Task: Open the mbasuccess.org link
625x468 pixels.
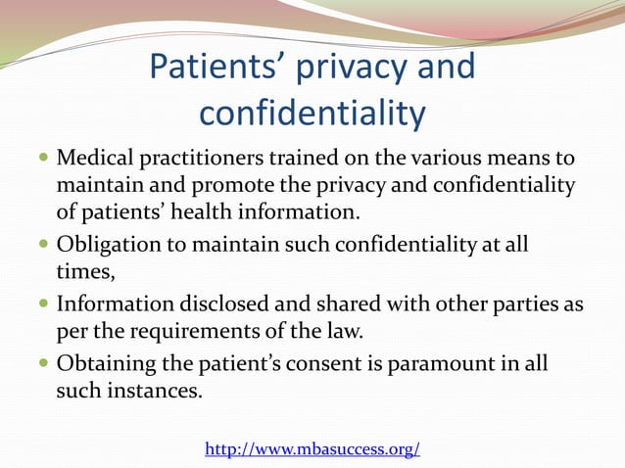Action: coord(312,449)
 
